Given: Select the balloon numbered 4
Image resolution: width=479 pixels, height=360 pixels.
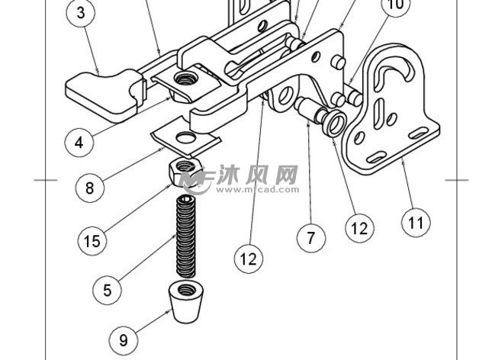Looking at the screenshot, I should coord(79,141).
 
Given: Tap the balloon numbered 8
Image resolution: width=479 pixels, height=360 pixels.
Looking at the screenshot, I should coord(89,186).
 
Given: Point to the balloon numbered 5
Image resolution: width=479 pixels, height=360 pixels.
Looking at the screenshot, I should coord(108,289).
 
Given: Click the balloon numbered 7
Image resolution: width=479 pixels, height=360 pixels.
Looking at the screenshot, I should coord(310,237).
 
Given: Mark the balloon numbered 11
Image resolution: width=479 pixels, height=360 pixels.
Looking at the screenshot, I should coord(415,223).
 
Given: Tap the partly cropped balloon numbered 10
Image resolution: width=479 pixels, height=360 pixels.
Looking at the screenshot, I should coord(394,7).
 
